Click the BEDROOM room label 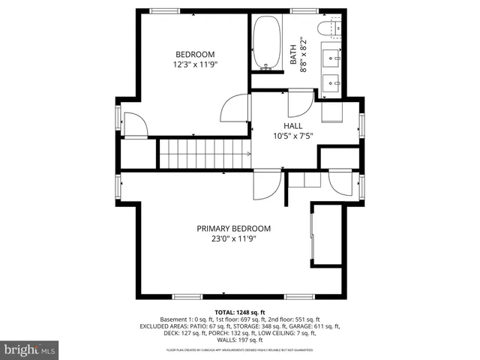pyautogui.click(x=195, y=54)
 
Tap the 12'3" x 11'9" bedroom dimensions pyautogui.click(x=195, y=64)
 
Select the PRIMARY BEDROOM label pyautogui.click(x=233, y=229)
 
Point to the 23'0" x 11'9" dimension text pyautogui.click(x=233, y=239)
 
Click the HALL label pyautogui.click(x=293, y=126)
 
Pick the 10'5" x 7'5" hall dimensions pyautogui.click(x=293, y=136)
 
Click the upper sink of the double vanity pyautogui.click(x=332, y=56)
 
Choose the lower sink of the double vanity pyautogui.click(x=332, y=80)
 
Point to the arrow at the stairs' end pyautogui.click(x=247, y=154)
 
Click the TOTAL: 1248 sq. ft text pyautogui.click(x=240, y=311)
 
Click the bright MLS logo pyautogui.click(x=30, y=349)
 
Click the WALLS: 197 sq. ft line pyautogui.click(x=239, y=341)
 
